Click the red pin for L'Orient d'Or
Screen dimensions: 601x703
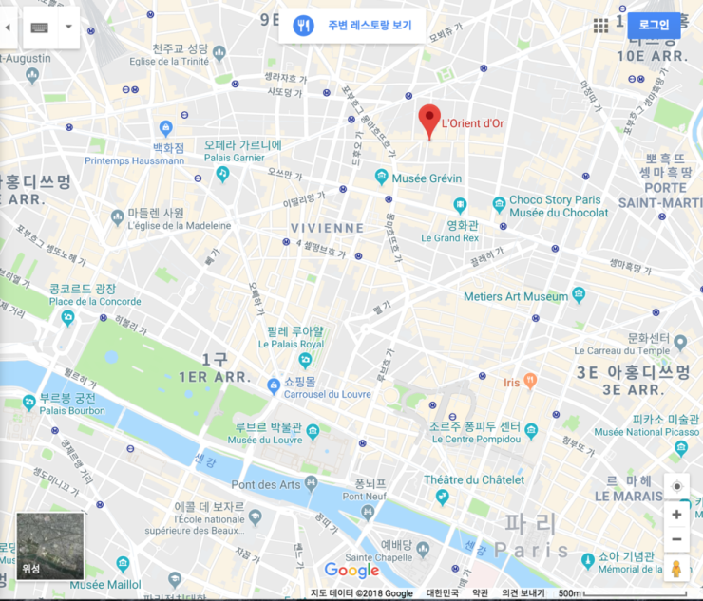(429, 121)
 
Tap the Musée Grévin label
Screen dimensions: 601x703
(427, 178)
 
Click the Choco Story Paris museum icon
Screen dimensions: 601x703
(499, 204)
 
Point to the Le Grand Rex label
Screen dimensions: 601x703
(448, 238)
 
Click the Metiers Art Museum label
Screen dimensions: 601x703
(515, 296)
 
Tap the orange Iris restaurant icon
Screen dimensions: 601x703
(530, 382)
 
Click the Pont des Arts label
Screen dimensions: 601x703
(266, 485)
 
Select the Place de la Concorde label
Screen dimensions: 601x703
(95, 302)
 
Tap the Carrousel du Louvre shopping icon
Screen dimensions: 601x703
(273, 383)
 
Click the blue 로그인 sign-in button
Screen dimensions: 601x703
(654, 25)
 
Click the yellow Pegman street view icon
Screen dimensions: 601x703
(675, 569)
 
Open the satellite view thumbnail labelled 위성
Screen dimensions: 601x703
(49, 546)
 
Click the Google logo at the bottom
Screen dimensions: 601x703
(351, 570)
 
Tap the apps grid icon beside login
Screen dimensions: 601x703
(600, 26)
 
